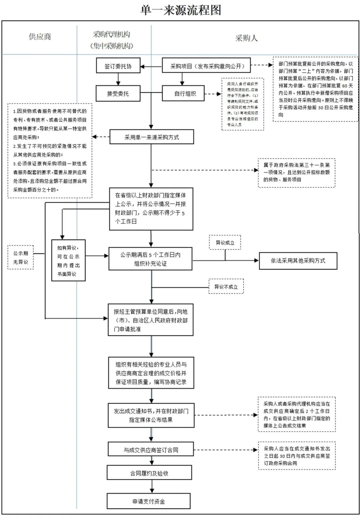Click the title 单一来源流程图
pyautogui.click(x=181, y=10)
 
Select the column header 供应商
pyautogui.click(x=40, y=37)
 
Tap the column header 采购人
pyautogui.click(x=246, y=38)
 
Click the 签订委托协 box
pyautogui.click(x=118, y=66)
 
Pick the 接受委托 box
pyautogui.click(x=118, y=93)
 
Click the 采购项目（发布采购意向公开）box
pyautogui.click(x=206, y=66)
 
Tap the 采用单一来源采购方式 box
pyautogui.click(x=152, y=137)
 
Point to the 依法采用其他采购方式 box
pyautogui.click(x=298, y=261)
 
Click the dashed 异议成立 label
pyautogui.click(x=225, y=242)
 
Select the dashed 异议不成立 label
pyautogui.click(x=226, y=287)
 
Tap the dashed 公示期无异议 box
pyautogui.click(x=21, y=257)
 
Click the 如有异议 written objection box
pyautogui.click(x=68, y=260)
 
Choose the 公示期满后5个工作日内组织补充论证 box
pyautogui.click(x=150, y=259)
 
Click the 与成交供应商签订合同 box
pyautogui.click(x=151, y=450)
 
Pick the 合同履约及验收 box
pyautogui.click(x=149, y=473)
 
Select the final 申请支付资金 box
pyautogui.click(x=149, y=501)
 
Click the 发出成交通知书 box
pyautogui.click(x=151, y=415)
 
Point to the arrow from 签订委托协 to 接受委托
pyautogui.click(x=118, y=79)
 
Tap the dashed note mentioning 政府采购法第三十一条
pyautogui.click(x=296, y=172)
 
